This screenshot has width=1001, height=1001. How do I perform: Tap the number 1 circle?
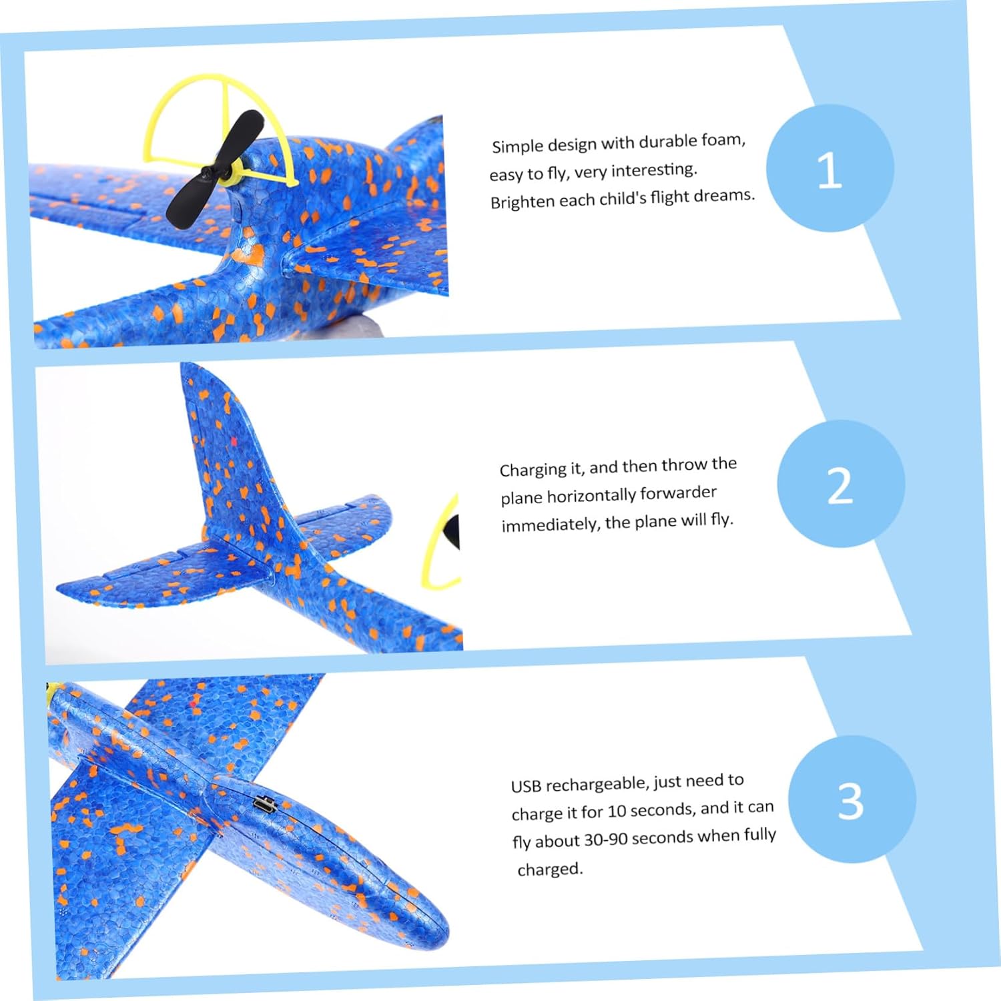click(x=829, y=168)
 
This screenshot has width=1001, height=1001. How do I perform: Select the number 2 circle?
click(x=840, y=484)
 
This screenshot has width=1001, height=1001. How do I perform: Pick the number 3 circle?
click(x=851, y=799)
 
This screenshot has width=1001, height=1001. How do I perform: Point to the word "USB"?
click(x=526, y=786)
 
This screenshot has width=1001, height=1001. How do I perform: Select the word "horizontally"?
click(x=590, y=496)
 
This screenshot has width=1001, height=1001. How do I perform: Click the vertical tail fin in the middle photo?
click(x=227, y=454)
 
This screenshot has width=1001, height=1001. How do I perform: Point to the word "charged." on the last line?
click(x=551, y=870)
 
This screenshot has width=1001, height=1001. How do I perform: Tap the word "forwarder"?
click(x=678, y=494)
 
